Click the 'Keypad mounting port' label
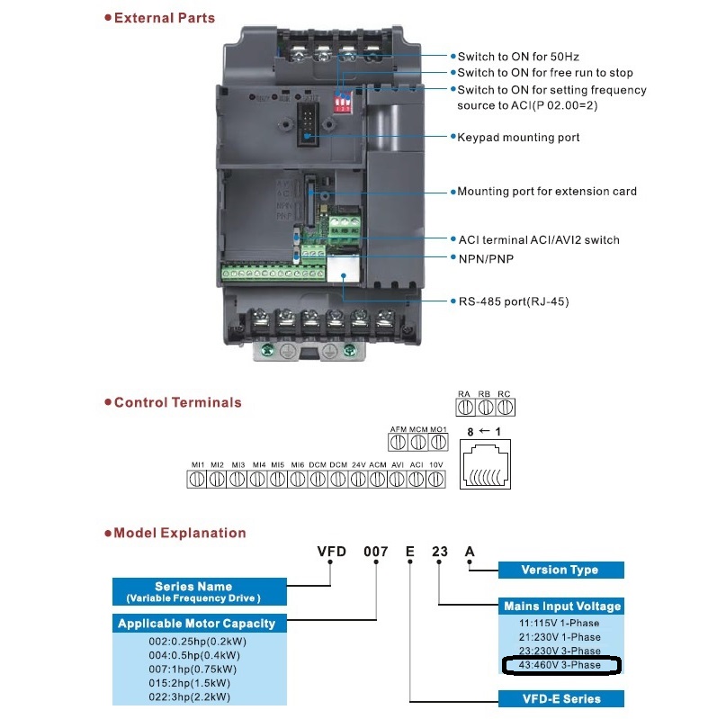518,138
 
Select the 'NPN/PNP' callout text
488,258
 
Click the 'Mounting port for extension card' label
547,191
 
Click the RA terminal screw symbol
464,407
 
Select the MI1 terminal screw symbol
197,480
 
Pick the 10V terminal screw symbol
435,480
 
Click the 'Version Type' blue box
560,570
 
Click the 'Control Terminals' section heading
177,402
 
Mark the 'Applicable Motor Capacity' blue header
197,623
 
